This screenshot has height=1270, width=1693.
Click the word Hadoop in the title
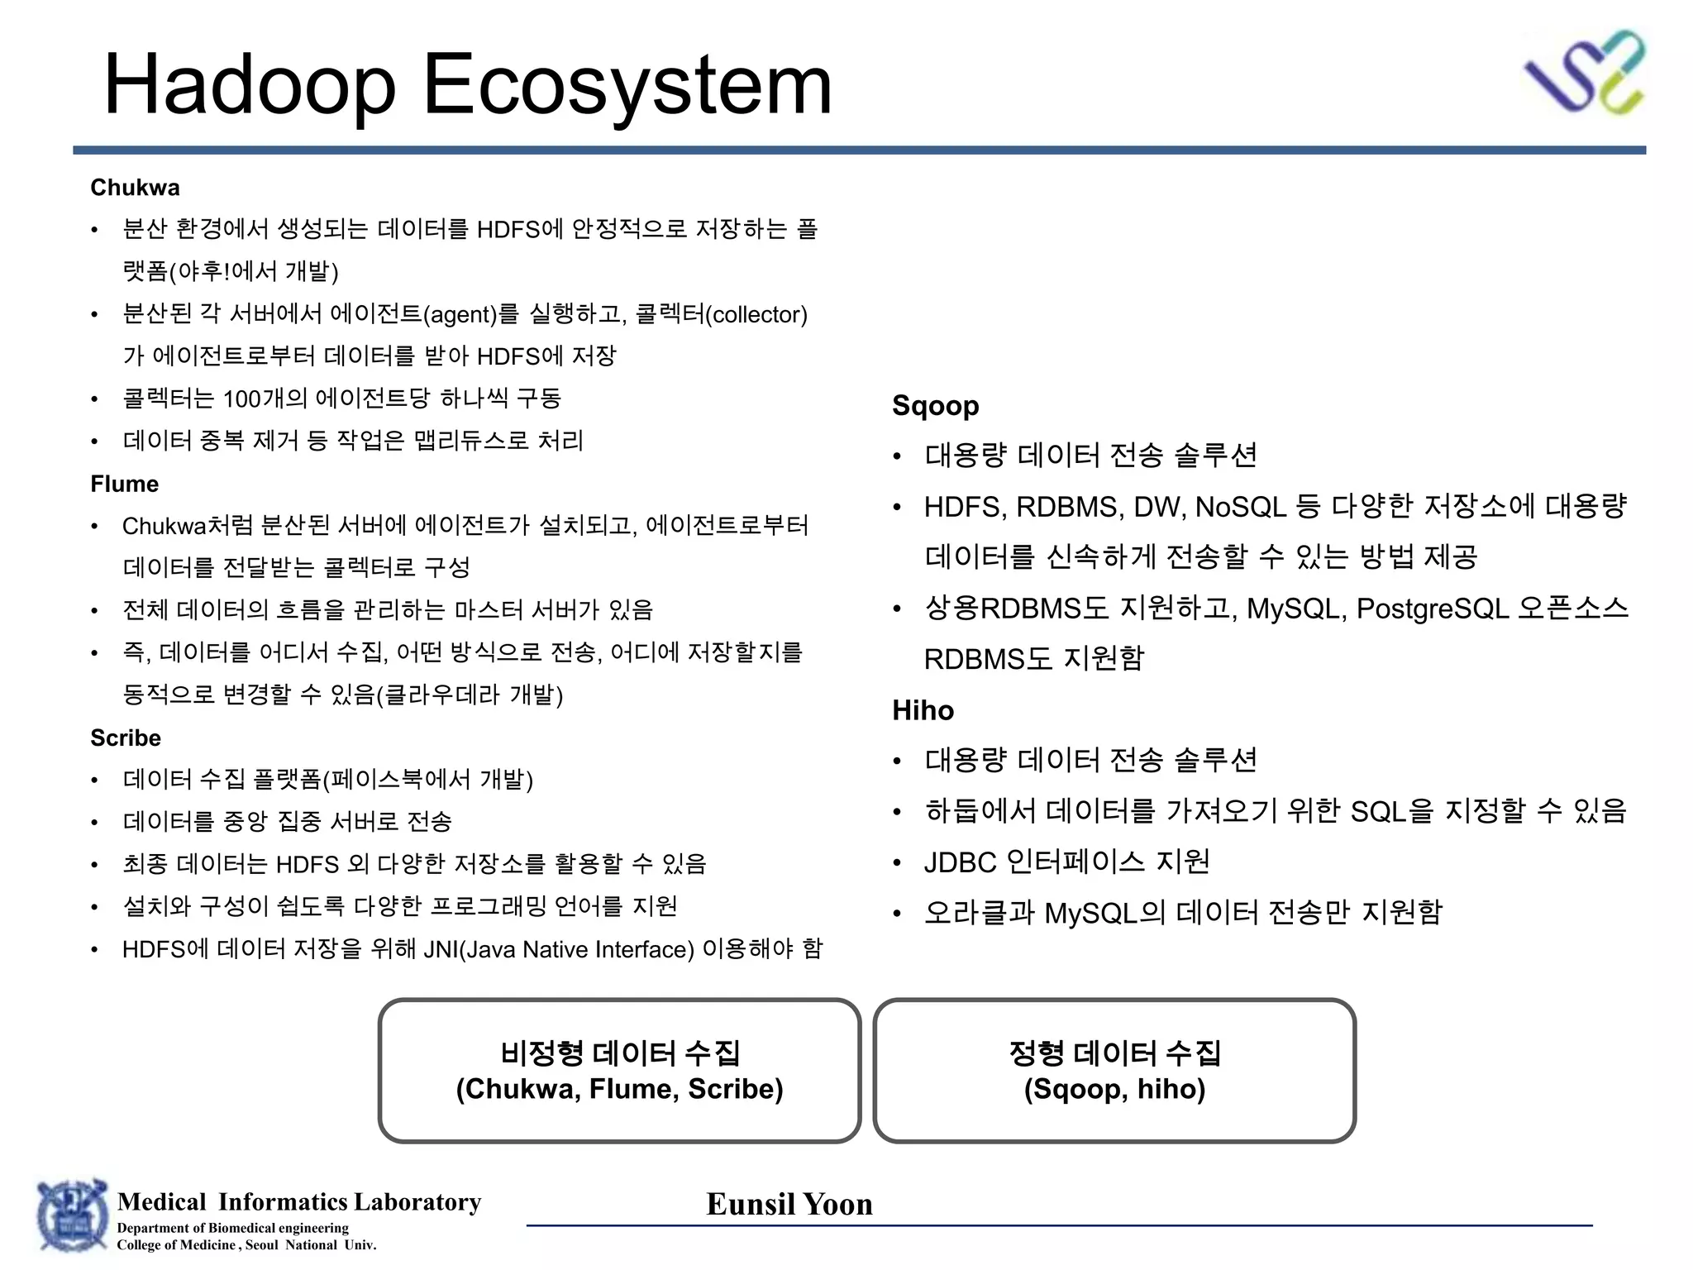coord(250,84)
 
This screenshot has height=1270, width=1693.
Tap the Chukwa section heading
coord(135,188)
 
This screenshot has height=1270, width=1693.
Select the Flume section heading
coord(124,484)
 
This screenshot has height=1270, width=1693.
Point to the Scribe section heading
coord(126,738)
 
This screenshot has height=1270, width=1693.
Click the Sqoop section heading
coord(935,406)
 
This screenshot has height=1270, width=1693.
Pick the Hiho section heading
coord(923,710)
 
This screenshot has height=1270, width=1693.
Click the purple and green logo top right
coord(1584,73)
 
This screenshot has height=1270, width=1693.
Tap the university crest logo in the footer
coord(72,1215)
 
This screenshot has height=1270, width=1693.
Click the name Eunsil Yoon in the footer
coord(789,1204)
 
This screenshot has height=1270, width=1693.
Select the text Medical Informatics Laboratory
coord(299,1201)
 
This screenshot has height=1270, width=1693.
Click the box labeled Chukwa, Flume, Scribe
coord(619,1071)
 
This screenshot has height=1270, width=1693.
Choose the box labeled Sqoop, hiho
coord(1114,1071)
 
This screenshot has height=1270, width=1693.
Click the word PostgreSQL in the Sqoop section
coord(1433,609)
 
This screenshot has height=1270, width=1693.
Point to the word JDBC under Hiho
coord(961,862)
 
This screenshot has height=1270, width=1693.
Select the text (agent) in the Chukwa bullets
coord(460,315)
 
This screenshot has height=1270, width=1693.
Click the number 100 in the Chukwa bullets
coord(241,399)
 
